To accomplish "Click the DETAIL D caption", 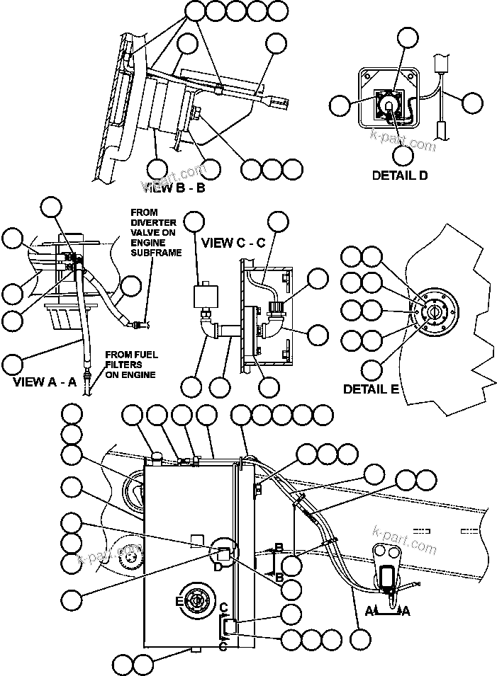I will point(399,175).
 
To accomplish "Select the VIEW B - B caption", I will point(177,188).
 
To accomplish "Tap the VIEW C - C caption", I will point(233,243).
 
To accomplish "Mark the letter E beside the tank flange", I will point(179,601).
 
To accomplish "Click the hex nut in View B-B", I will point(196,113).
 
